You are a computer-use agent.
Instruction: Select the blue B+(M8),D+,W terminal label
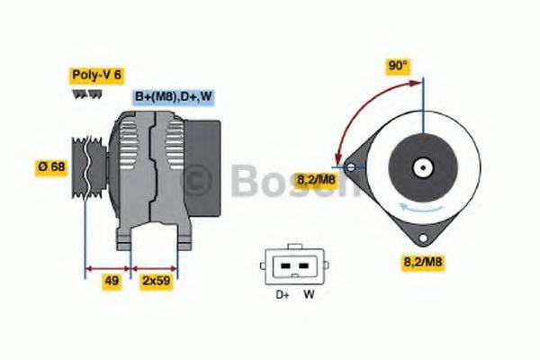pos(173,96)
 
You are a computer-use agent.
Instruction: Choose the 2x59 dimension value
pos(155,281)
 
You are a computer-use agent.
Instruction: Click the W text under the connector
pos(308,294)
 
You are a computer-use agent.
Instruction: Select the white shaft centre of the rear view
pos(421,166)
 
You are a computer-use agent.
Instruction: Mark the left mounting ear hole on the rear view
pos(348,166)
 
